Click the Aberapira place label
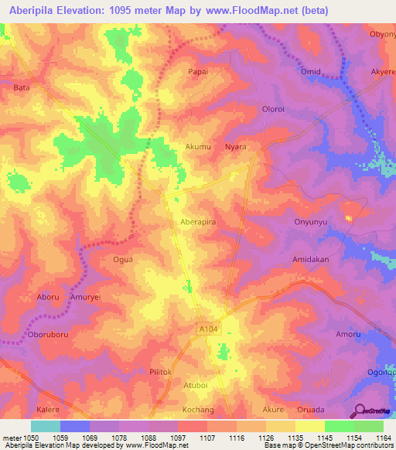tap(197, 221)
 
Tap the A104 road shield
tap(203, 329)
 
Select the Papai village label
tap(198, 71)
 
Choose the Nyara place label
tap(235, 146)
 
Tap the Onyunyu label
tap(312, 221)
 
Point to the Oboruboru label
tap(49, 335)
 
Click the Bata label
tap(22, 88)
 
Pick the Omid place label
tap(311, 71)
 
